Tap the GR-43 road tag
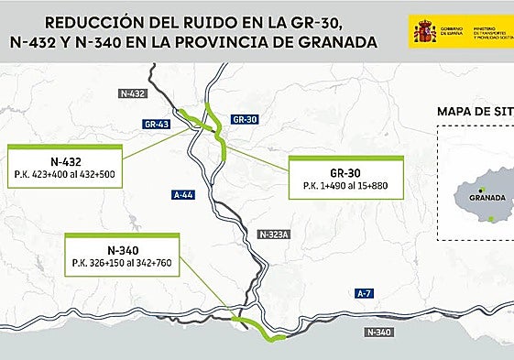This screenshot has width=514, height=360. [x=157, y=123]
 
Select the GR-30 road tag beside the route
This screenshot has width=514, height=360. [x=245, y=119]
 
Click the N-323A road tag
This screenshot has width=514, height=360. [x=273, y=234]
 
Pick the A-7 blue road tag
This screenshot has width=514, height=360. [x=365, y=293]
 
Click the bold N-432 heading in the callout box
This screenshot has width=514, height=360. [x=67, y=158]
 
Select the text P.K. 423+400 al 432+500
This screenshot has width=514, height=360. [x=67, y=173]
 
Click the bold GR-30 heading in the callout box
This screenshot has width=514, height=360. [x=346, y=171]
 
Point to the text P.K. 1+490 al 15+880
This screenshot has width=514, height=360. [x=346, y=187]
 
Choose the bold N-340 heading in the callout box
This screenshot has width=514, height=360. [x=120, y=249]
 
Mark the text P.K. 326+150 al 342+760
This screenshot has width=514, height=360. [x=120, y=264]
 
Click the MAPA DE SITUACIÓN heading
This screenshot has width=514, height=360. [x=474, y=113]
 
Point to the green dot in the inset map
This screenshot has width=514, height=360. [x=492, y=218]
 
